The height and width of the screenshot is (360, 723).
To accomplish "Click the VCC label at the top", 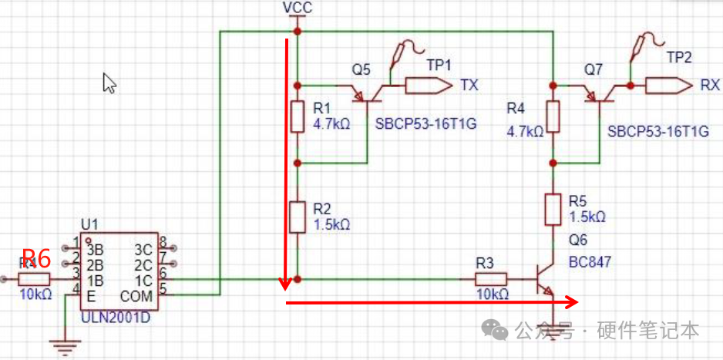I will pos(297,8).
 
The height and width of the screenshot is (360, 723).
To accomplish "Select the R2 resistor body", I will pos(298,217).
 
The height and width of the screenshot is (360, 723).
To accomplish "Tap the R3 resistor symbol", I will pos(490,278).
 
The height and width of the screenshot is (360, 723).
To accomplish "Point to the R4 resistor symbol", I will pos(553,116).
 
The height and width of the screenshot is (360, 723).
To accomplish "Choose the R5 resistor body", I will pos(553,210).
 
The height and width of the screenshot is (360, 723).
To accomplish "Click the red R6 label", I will pos(35,257).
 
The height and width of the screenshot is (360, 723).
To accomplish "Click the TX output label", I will pos(469,85).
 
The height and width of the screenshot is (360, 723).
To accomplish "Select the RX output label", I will pos(709,85).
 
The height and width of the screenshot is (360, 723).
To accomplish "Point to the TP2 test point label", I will pos(679,58).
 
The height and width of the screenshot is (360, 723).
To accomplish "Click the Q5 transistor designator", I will pos(361,69).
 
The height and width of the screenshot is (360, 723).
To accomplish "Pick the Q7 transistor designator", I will pos(593,69).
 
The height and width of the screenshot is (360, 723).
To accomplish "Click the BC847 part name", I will pos(590,262).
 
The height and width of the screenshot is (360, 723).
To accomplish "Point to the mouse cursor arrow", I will pos(109,82).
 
